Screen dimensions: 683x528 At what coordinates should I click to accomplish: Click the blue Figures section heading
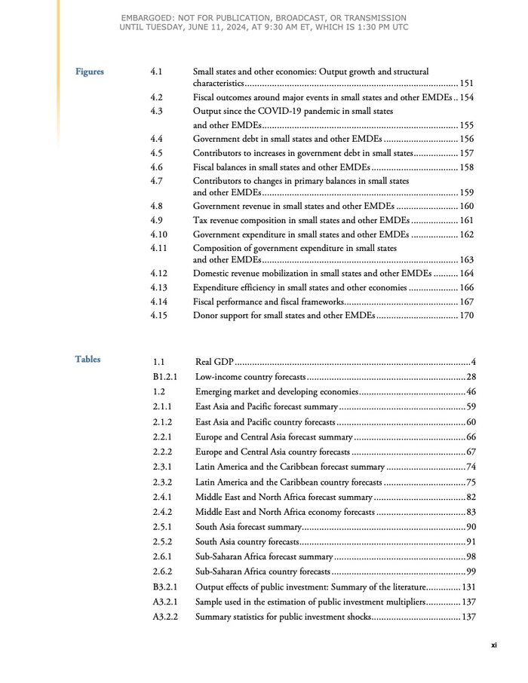tap(90, 72)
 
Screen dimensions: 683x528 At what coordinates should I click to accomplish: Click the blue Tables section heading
tap(87, 360)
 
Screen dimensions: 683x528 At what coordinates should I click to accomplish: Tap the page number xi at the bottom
tap(493, 645)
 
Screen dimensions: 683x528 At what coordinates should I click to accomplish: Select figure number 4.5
tap(157, 153)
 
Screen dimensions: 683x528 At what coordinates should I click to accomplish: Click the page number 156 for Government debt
tap(467, 139)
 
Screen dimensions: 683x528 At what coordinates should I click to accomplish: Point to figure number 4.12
tap(158, 274)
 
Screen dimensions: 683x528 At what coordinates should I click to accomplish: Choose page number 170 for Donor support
tap(467, 316)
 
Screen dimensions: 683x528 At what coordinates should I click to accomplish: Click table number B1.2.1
tap(166, 377)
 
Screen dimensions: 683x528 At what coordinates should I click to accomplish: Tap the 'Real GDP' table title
tap(214, 363)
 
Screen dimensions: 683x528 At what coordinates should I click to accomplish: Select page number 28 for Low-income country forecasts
tap(471, 377)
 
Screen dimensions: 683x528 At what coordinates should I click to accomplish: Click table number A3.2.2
tap(166, 617)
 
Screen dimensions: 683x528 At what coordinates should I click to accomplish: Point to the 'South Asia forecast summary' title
tap(249, 527)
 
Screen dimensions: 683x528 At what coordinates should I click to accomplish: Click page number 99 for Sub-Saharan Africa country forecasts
tap(471, 571)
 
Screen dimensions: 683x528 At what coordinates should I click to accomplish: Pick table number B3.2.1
tap(166, 587)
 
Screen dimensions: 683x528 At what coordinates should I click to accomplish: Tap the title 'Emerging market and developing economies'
tap(276, 392)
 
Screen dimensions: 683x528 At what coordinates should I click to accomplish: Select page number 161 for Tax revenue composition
tap(467, 220)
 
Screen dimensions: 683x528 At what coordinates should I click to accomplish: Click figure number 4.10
tap(158, 234)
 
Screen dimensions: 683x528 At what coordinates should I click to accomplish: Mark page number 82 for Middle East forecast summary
tap(471, 497)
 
